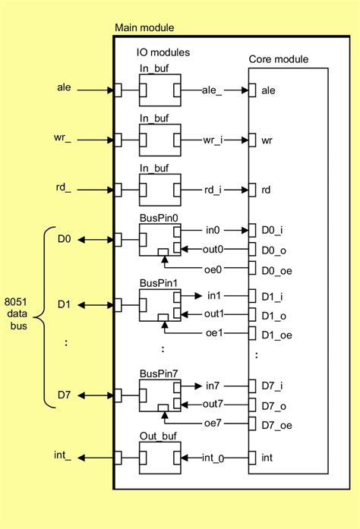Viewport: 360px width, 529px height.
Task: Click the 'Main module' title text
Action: tap(144, 28)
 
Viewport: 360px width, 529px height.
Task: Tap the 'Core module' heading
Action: tap(278, 60)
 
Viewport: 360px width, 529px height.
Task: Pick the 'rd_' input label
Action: tap(65, 189)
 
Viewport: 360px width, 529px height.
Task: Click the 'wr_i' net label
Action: tap(213, 140)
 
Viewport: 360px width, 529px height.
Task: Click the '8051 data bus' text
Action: tap(17, 310)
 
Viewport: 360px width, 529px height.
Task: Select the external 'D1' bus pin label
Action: tap(65, 305)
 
